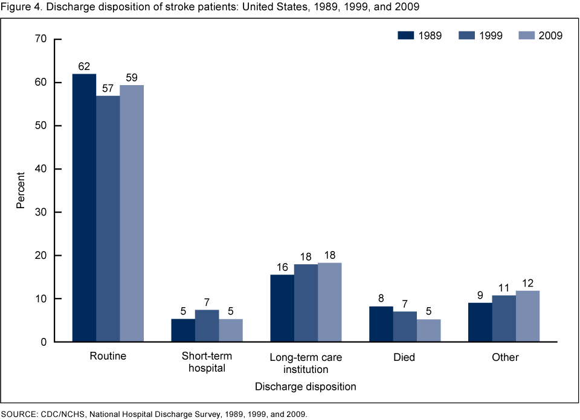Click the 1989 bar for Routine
(84, 208)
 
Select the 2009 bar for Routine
(132, 214)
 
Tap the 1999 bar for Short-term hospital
(207, 326)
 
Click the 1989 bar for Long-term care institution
(282, 308)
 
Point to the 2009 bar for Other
(527, 316)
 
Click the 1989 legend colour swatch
(404, 36)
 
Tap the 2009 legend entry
(540, 36)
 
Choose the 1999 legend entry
(480, 36)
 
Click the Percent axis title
(21, 191)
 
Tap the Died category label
(404, 357)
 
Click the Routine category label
(108, 356)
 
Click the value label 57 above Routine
(108, 88)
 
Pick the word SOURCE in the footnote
(19, 414)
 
